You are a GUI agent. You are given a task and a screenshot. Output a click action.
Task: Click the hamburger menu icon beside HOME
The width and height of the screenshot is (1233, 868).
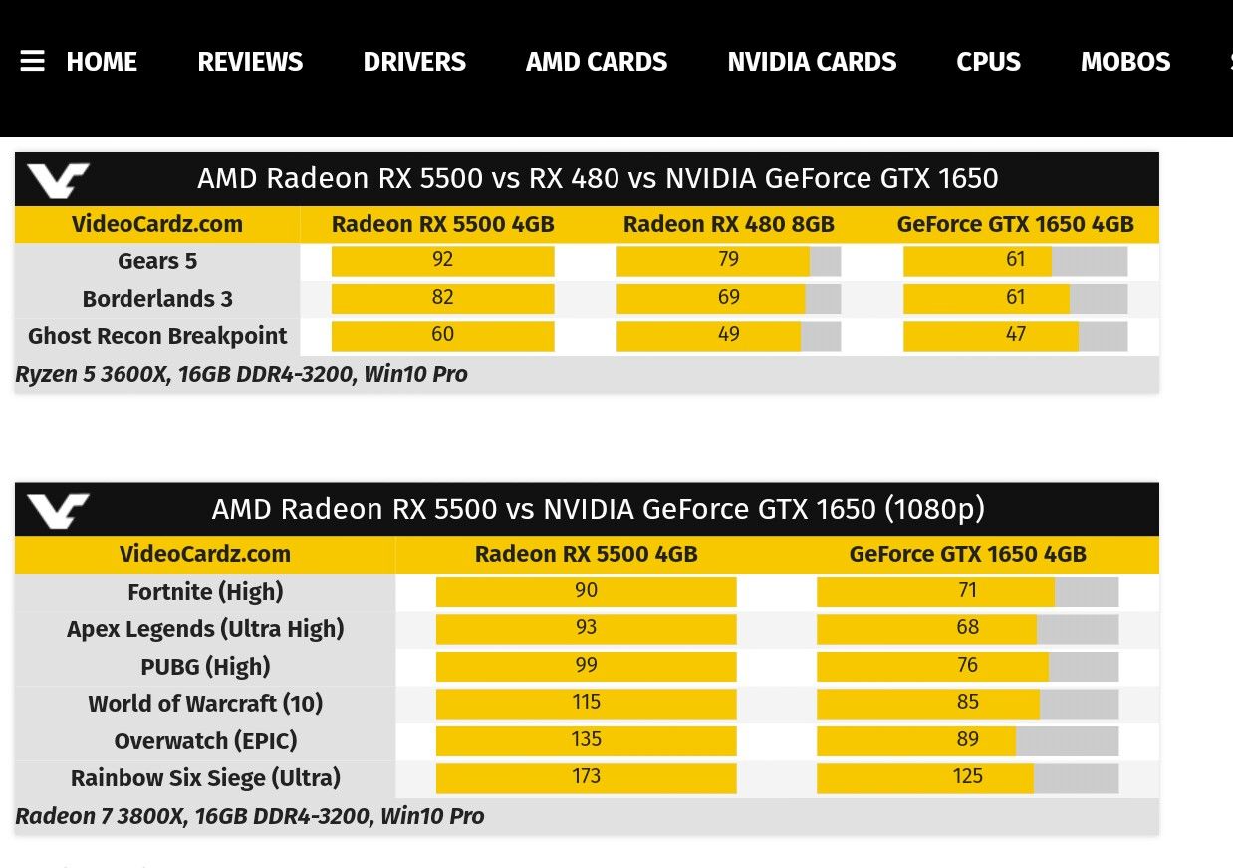(x=32, y=62)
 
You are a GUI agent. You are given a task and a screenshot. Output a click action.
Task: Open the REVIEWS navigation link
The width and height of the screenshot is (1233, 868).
(x=250, y=62)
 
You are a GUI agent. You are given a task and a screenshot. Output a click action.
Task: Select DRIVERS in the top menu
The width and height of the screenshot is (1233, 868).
(x=414, y=62)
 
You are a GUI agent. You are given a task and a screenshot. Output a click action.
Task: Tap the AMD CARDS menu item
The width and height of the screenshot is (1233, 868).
(x=597, y=62)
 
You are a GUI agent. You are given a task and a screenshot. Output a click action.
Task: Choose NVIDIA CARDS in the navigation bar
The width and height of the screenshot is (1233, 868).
(x=812, y=62)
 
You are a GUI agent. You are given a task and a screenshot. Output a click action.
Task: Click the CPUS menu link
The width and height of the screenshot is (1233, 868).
(x=988, y=62)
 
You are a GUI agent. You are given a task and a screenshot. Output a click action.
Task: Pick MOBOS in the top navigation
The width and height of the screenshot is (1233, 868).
(x=1125, y=62)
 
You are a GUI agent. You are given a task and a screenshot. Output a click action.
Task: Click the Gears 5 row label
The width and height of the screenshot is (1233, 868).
(x=157, y=261)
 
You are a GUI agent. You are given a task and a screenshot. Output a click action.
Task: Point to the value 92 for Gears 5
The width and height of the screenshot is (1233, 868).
(x=443, y=260)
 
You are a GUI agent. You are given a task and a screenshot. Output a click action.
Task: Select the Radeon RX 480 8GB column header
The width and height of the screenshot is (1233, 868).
(x=729, y=224)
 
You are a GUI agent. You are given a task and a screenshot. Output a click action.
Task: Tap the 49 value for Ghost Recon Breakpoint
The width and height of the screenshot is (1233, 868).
(x=729, y=335)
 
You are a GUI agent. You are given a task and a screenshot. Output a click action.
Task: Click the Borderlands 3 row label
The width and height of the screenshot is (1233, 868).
(x=157, y=299)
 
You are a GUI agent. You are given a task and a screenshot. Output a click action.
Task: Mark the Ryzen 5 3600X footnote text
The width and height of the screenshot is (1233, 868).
(x=241, y=375)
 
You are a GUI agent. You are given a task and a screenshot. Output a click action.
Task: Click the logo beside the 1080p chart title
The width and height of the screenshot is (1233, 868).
(x=58, y=510)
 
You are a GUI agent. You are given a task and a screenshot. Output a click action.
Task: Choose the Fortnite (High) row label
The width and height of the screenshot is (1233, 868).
(x=205, y=592)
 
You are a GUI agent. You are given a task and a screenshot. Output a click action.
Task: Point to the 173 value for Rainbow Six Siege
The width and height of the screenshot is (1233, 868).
(x=586, y=776)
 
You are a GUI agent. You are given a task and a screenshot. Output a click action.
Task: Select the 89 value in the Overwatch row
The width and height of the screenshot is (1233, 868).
(x=967, y=739)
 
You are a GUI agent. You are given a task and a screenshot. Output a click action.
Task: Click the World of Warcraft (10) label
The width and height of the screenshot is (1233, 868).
(x=205, y=704)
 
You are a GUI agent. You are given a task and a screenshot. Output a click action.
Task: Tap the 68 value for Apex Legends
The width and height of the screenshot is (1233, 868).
(x=967, y=628)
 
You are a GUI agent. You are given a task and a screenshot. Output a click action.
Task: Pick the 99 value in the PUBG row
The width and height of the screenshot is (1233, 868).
(x=586, y=665)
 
